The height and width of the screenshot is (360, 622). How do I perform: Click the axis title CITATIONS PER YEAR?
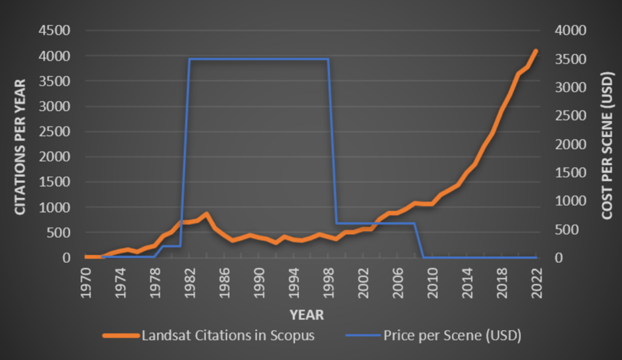click(20, 147)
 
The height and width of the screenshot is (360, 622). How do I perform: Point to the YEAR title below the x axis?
click(306, 314)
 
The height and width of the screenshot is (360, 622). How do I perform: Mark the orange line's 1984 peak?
click(207, 214)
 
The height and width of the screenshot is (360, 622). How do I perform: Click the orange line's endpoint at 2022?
click(536, 51)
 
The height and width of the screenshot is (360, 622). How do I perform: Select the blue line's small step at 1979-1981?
click(172, 246)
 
